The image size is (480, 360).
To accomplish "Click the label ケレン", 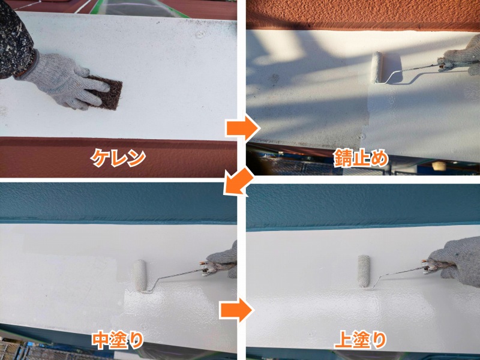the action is click(118, 158).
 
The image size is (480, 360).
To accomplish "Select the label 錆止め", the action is click(361, 158).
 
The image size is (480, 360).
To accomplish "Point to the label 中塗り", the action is click(118, 340).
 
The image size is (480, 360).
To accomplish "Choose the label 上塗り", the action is click(361, 340).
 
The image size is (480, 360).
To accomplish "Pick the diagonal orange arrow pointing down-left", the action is click(238, 181).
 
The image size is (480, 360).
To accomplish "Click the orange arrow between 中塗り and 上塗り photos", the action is click(236, 310).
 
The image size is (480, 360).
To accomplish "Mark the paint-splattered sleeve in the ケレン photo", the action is click(16, 40).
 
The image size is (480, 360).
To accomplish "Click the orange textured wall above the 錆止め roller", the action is click(363, 14).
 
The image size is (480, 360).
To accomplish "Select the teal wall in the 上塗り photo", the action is click(363, 205).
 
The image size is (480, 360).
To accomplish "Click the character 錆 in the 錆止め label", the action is click(343, 158).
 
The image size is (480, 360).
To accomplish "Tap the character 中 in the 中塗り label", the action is click(101, 340).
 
